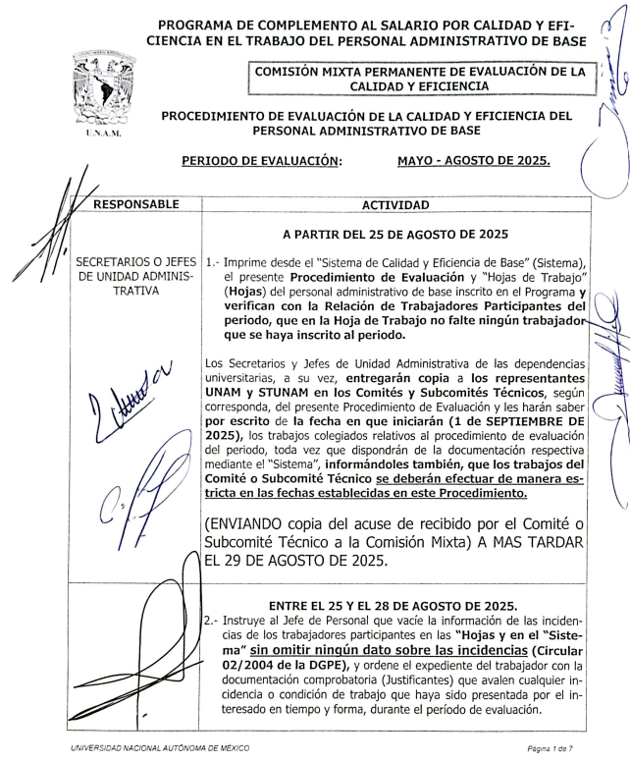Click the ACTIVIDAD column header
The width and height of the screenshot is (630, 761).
point(395,205)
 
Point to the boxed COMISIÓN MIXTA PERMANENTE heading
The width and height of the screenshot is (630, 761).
point(420,78)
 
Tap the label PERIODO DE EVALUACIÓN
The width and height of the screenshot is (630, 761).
point(262,160)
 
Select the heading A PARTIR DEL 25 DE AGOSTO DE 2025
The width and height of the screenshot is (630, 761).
point(395,236)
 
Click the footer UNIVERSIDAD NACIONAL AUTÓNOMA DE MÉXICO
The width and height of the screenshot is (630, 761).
point(158,749)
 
